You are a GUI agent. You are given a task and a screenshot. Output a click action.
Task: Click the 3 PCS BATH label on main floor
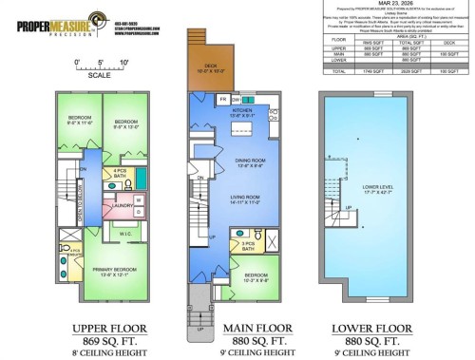[248, 246]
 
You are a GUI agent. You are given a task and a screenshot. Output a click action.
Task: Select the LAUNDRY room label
[122, 204]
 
